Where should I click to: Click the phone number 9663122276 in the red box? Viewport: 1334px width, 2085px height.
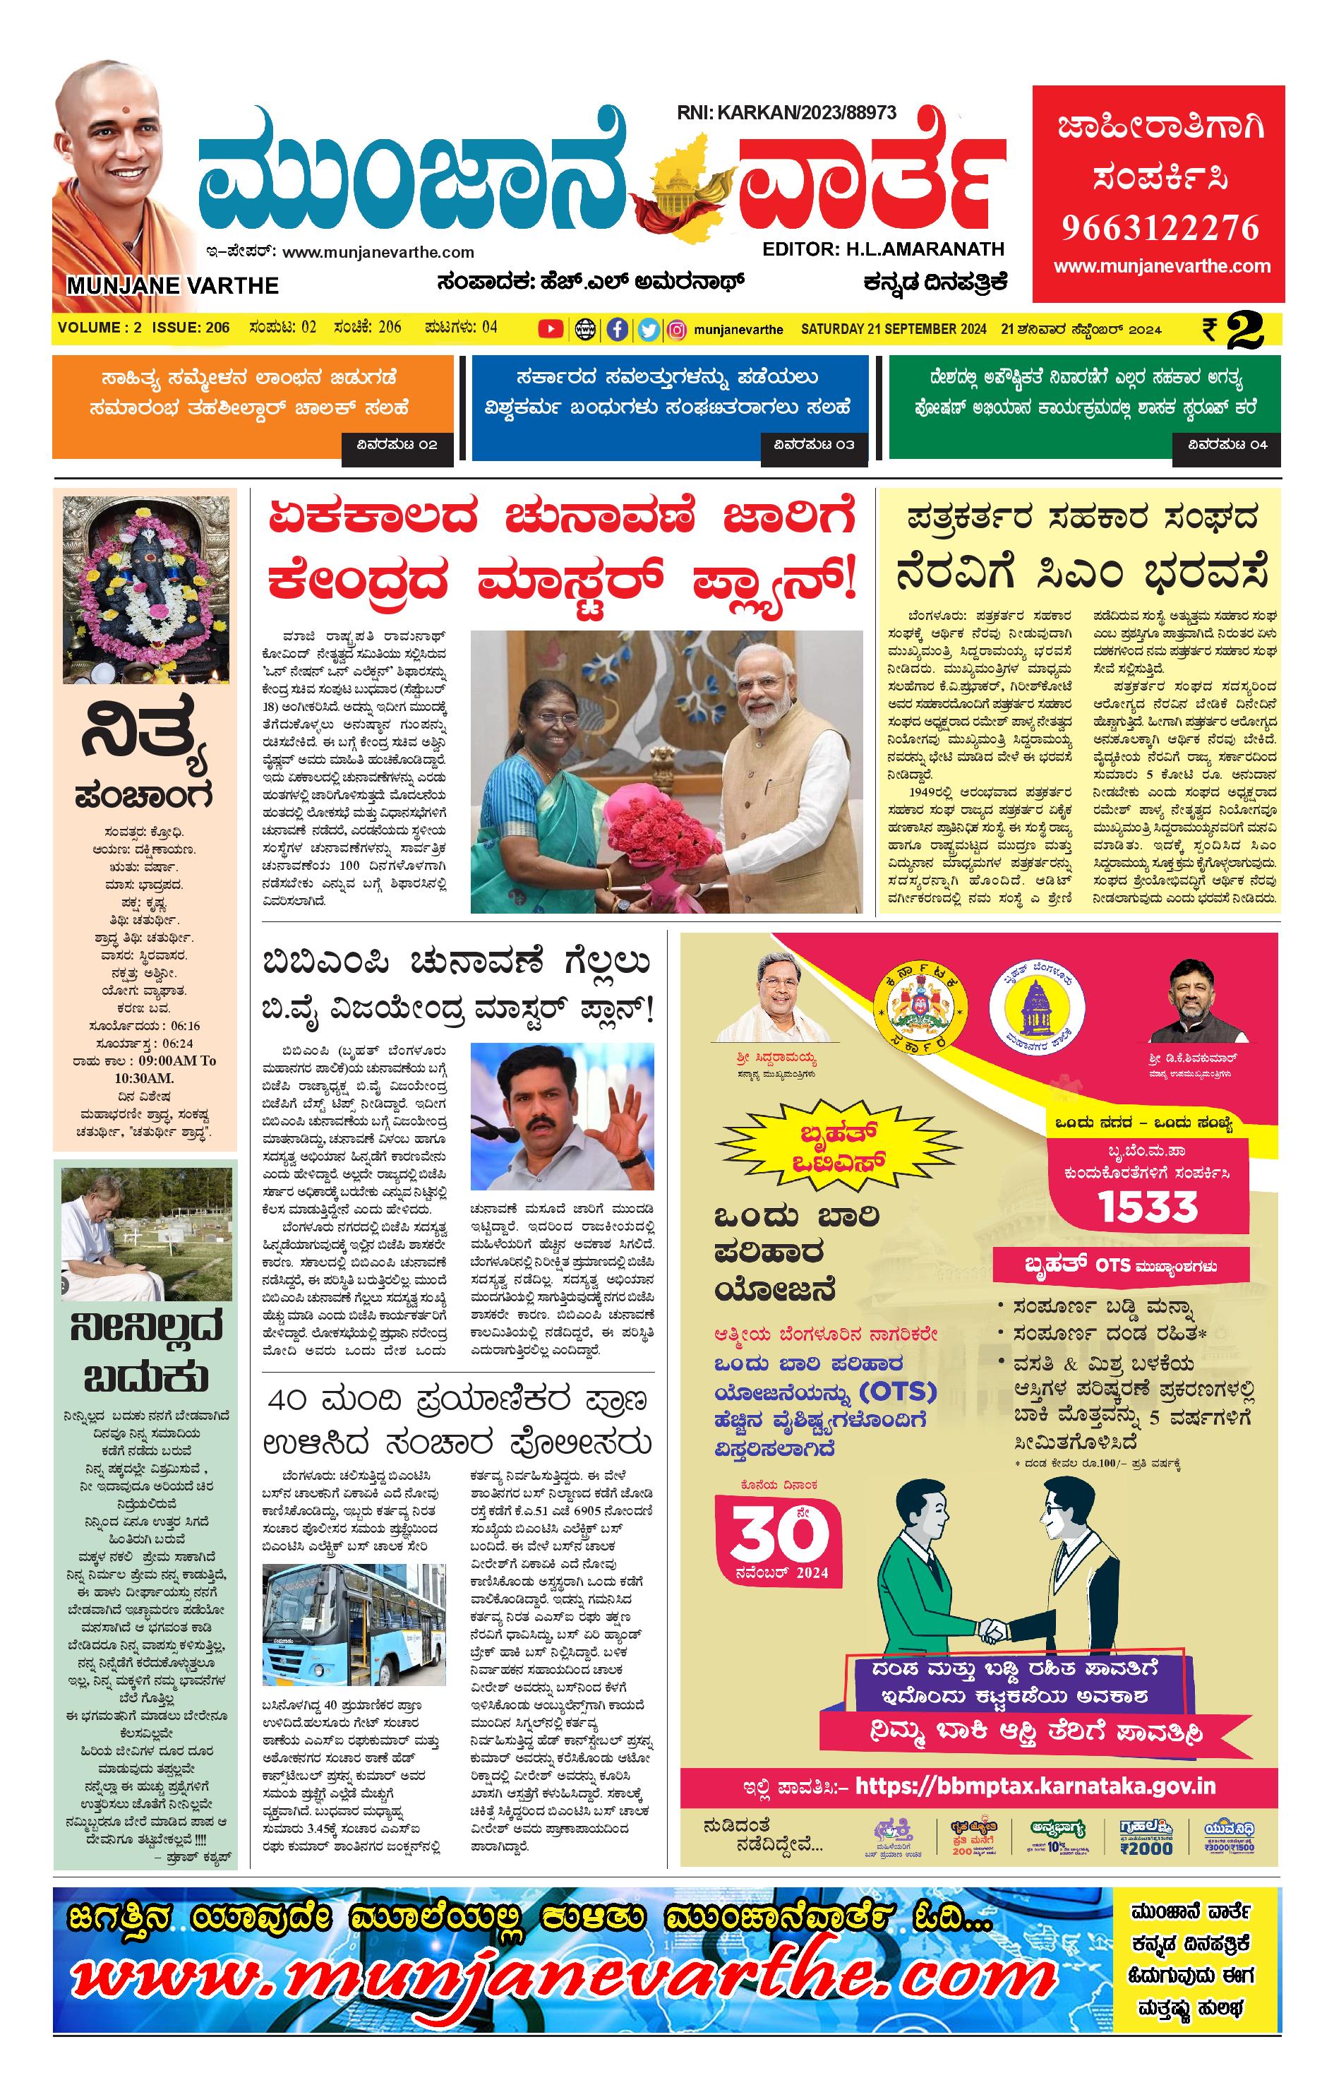1160,227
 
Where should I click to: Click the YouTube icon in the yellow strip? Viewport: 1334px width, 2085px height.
549,328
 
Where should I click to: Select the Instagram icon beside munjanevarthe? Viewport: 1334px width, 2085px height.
678,329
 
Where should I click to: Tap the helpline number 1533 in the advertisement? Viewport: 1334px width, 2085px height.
1148,1206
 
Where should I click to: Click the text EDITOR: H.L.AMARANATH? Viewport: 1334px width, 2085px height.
883,249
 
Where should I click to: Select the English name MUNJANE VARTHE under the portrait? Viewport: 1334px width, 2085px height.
172,286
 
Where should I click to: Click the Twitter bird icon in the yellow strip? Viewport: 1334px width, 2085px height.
648,329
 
